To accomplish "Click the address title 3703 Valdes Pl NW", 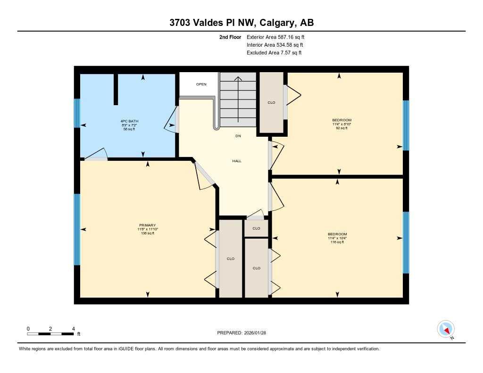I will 241,23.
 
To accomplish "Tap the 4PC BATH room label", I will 129,121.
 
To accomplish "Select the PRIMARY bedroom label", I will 147,225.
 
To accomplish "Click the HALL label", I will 237,161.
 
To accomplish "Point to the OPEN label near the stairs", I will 201,84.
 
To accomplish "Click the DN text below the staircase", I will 238,136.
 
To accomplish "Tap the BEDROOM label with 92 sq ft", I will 341,120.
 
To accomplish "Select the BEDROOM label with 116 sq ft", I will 337,234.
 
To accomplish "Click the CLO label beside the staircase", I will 271,103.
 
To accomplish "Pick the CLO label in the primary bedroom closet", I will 231,258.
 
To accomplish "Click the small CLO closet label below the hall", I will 256,228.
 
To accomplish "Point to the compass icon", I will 446,329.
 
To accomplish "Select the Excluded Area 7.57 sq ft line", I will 274,53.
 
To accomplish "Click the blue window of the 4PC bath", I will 77,113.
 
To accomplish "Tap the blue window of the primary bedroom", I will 77,230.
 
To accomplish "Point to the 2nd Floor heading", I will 230,37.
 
